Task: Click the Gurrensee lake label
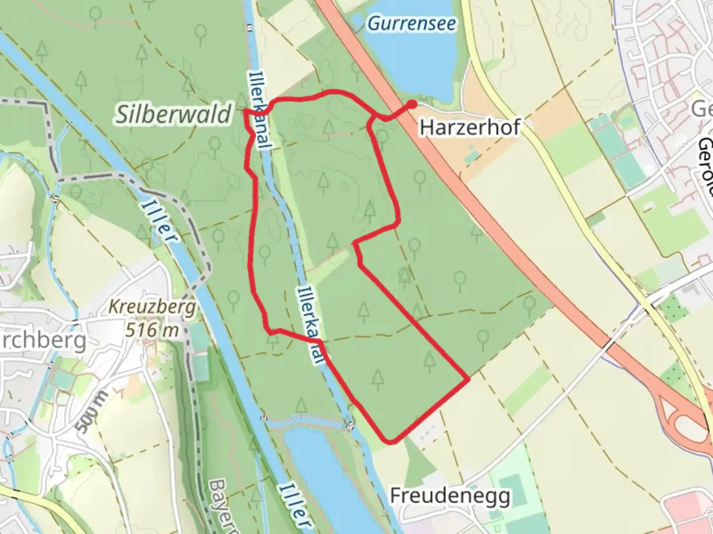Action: (411, 23)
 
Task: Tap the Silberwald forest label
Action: (173, 114)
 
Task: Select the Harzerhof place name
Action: (469, 128)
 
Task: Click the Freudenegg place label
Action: (450, 495)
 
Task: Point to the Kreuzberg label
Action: (152, 308)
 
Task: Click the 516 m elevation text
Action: (152, 330)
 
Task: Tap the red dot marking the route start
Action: (412, 104)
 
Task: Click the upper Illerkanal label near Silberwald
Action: (260, 111)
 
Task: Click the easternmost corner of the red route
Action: (468, 380)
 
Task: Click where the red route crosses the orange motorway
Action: (399, 112)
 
